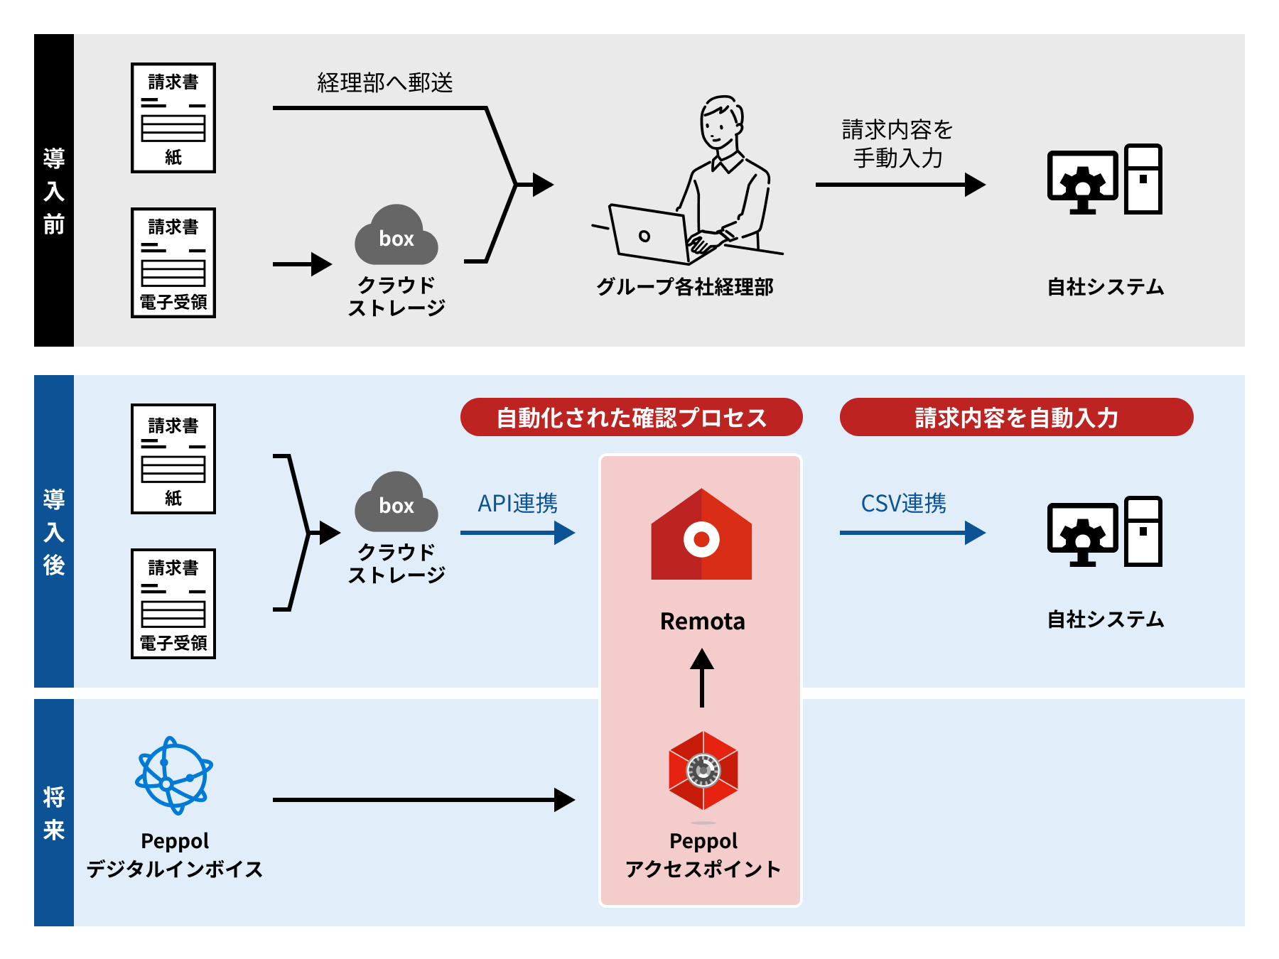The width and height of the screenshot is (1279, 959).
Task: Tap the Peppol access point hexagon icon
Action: (703, 771)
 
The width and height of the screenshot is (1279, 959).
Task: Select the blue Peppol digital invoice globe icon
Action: (174, 775)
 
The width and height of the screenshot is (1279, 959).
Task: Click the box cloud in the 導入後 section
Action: (396, 503)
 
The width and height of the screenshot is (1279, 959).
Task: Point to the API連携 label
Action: (517, 504)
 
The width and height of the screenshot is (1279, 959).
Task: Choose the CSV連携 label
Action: (903, 504)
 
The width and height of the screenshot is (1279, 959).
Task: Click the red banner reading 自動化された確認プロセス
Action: (631, 417)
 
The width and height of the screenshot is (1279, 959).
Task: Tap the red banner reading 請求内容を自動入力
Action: (1016, 417)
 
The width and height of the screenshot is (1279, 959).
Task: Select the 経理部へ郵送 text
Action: (384, 83)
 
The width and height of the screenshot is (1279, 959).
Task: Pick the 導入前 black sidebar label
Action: (54, 190)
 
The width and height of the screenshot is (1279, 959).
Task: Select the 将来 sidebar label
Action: (54, 813)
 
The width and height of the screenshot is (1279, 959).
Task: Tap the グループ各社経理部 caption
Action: (684, 287)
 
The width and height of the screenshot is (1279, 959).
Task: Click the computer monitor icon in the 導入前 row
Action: (1082, 181)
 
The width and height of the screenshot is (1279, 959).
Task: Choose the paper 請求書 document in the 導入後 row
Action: (173, 459)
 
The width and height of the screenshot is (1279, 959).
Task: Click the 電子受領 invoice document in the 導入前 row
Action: (173, 263)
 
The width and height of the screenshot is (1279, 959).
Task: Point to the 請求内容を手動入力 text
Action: (897, 143)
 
